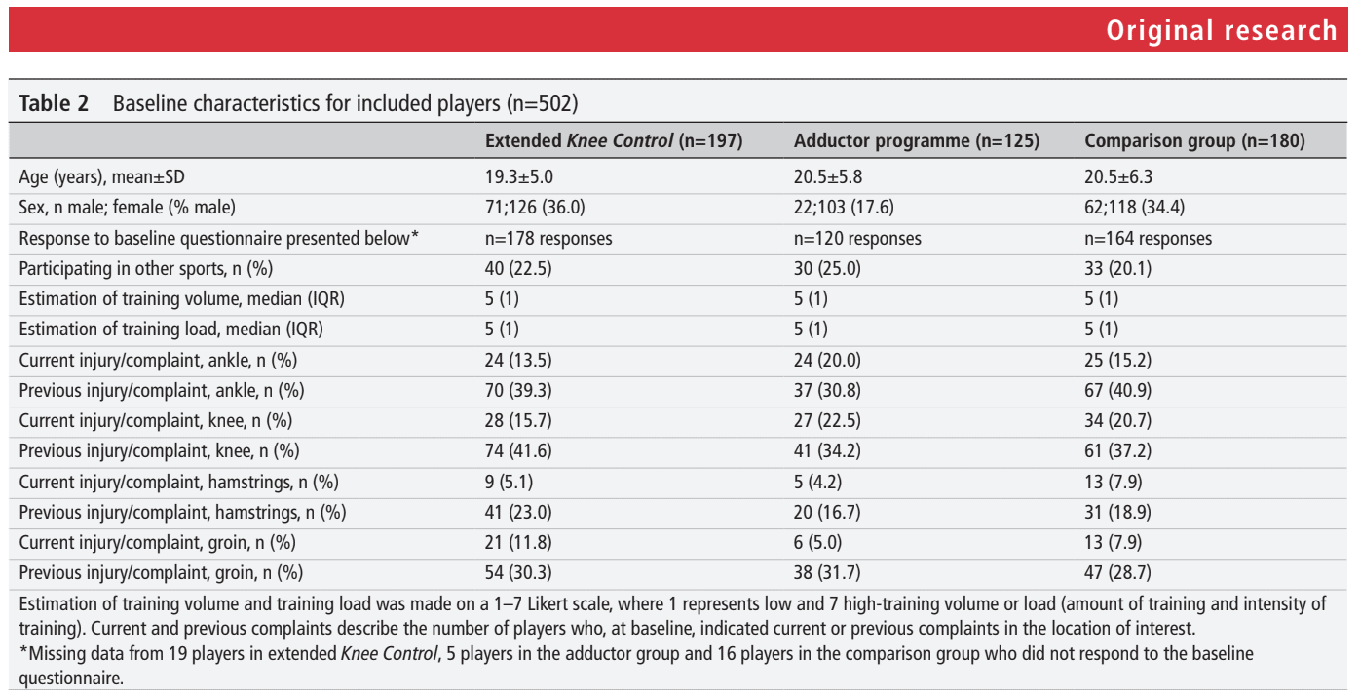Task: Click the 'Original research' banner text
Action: coord(1221,30)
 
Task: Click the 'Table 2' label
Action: coord(54,103)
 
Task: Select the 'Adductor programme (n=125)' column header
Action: coord(916,141)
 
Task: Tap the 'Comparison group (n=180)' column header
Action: coord(1194,141)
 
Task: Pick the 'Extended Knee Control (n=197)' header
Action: coord(613,141)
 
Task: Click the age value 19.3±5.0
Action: coord(518,176)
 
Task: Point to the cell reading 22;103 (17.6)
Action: coord(844,207)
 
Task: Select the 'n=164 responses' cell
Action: coord(1148,238)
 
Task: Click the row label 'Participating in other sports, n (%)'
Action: coord(146,268)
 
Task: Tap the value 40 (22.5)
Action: coord(518,268)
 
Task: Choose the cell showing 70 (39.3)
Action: coord(518,390)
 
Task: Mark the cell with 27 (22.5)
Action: coord(827,420)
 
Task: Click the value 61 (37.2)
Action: coord(1117,450)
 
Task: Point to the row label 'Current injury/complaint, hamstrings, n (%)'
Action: coord(178,482)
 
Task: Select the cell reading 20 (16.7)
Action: coord(827,512)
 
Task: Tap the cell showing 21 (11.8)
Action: coord(518,542)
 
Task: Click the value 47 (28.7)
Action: coord(1117,573)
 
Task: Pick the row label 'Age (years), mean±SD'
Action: coord(101,176)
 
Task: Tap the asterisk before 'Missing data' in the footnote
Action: coord(23,650)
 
